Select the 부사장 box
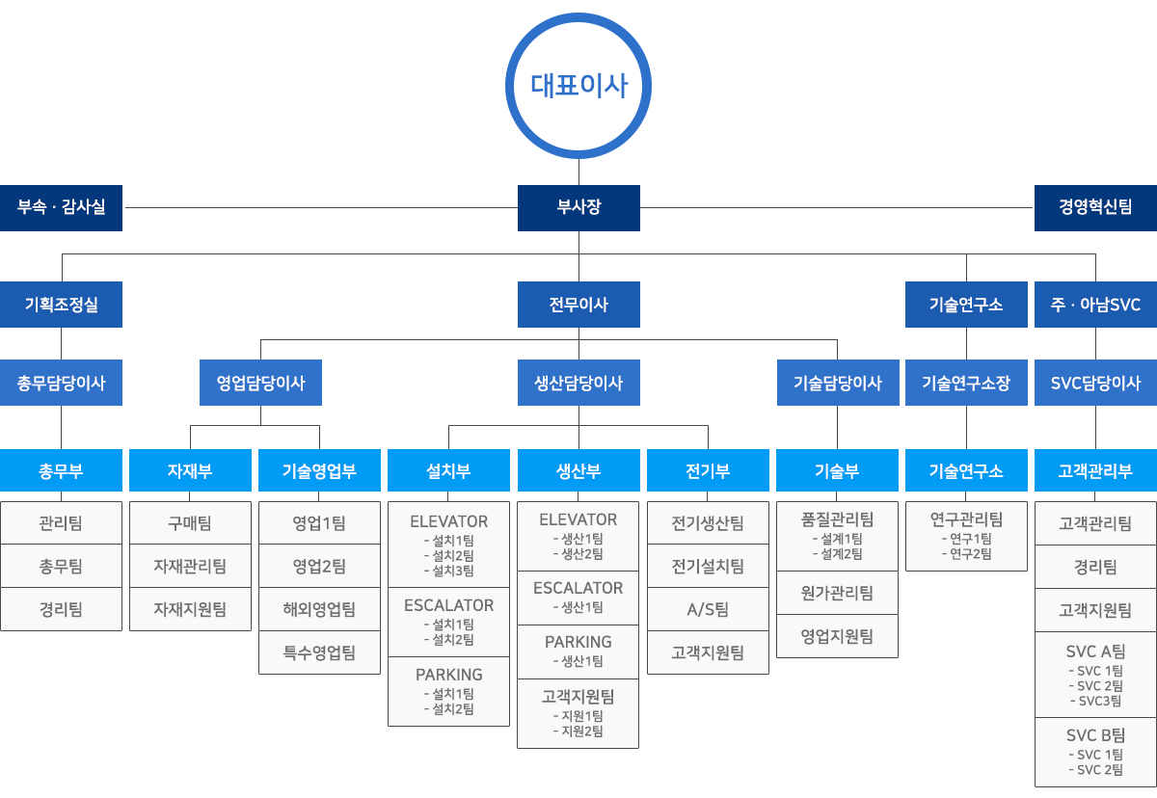pyautogui.click(x=578, y=207)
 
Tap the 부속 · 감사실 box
pyautogui.click(x=61, y=207)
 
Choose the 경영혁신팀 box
pyautogui.click(x=1095, y=207)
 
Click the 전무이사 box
pyautogui.click(x=578, y=304)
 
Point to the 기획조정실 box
pyautogui.click(x=61, y=304)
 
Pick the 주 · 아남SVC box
pyautogui.click(x=1095, y=304)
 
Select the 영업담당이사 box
pyautogui.click(x=261, y=383)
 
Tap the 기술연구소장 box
pyautogui.click(x=966, y=383)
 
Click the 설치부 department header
pyautogui.click(x=448, y=470)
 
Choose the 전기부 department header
pyautogui.click(x=708, y=470)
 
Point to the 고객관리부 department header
pyautogui.click(x=1095, y=470)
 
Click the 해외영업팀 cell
pyautogui.click(x=319, y=609)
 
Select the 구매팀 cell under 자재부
pyautogui.click(x=190, y=523)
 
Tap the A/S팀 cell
pyautogui.click(x=708, y=609)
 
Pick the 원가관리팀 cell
pyautogui.click(x=837, y=593)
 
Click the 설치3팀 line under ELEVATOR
pyautogui.click(x=448, y=571)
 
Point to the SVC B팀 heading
pyautogui.click(x=1095, y=735)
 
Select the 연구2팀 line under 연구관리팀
pyautogui.click(x=966, y=554)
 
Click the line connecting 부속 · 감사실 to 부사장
pyautogui.click(x=320, y=207)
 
